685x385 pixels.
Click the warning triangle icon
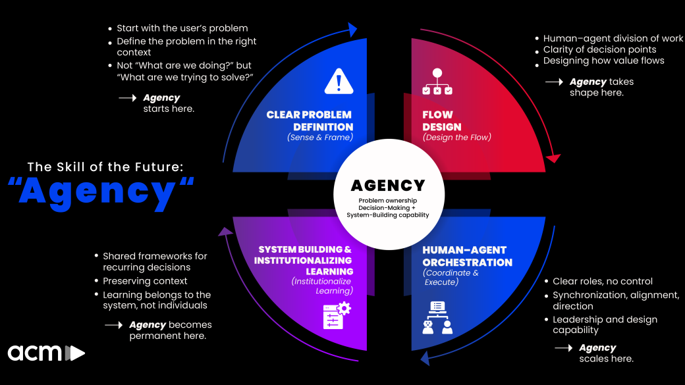[x=339, y=81]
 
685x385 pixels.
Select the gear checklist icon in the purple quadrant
[x=337, y=315]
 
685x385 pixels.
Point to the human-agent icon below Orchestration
[x=437, y=317]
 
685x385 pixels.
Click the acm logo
[x=46, y=353]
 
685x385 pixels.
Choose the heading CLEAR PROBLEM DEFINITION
[x=310, y=121]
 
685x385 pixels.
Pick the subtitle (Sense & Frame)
[x=320, y=138]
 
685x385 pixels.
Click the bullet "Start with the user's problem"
[x=182, y=28]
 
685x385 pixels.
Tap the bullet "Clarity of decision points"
[x=599, y=49]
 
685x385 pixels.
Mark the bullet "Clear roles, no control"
[x=602, y=281]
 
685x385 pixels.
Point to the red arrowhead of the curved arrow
[x=553, y=158]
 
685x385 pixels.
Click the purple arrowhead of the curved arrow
[x=226, y=232]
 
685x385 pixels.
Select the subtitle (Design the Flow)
[x=456, y=138]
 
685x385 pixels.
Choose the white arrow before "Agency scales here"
[x=563, y=347]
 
